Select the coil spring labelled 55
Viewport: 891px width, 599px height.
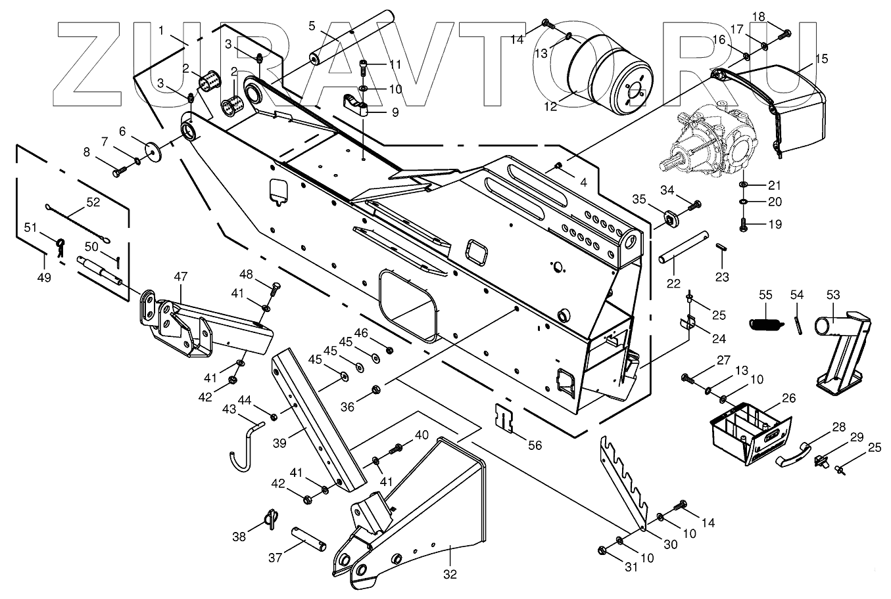pos(765,322)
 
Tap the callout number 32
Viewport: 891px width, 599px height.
pos(450,573)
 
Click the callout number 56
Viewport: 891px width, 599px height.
pos(535,445)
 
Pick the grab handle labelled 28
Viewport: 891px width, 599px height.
pos(793,452)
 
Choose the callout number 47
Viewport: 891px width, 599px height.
pos(180,277)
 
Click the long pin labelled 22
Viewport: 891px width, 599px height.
pos(684,246)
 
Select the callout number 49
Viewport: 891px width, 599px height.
pos(43,277)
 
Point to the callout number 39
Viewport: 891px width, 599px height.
pos(279,443)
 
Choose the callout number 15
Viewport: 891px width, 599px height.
pos(821,58)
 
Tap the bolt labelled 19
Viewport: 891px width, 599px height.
pos(744,224)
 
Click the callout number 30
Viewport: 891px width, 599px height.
pos(669,544)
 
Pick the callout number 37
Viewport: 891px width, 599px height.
pos(275,558)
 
